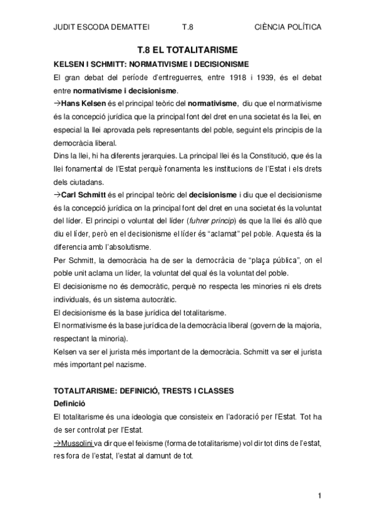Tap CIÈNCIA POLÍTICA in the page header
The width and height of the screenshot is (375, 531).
pos(289,28)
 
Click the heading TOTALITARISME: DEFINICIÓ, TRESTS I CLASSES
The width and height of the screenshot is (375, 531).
pos(144,390)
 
